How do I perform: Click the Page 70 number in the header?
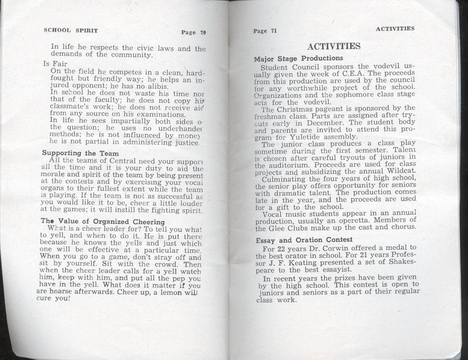point(193,32)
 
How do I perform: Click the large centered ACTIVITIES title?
point(334,46)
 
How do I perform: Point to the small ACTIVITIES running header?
point(395,28)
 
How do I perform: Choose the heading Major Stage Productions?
point(298,58)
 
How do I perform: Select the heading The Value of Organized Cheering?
point(98,221)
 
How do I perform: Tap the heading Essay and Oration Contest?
point(304,240)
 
